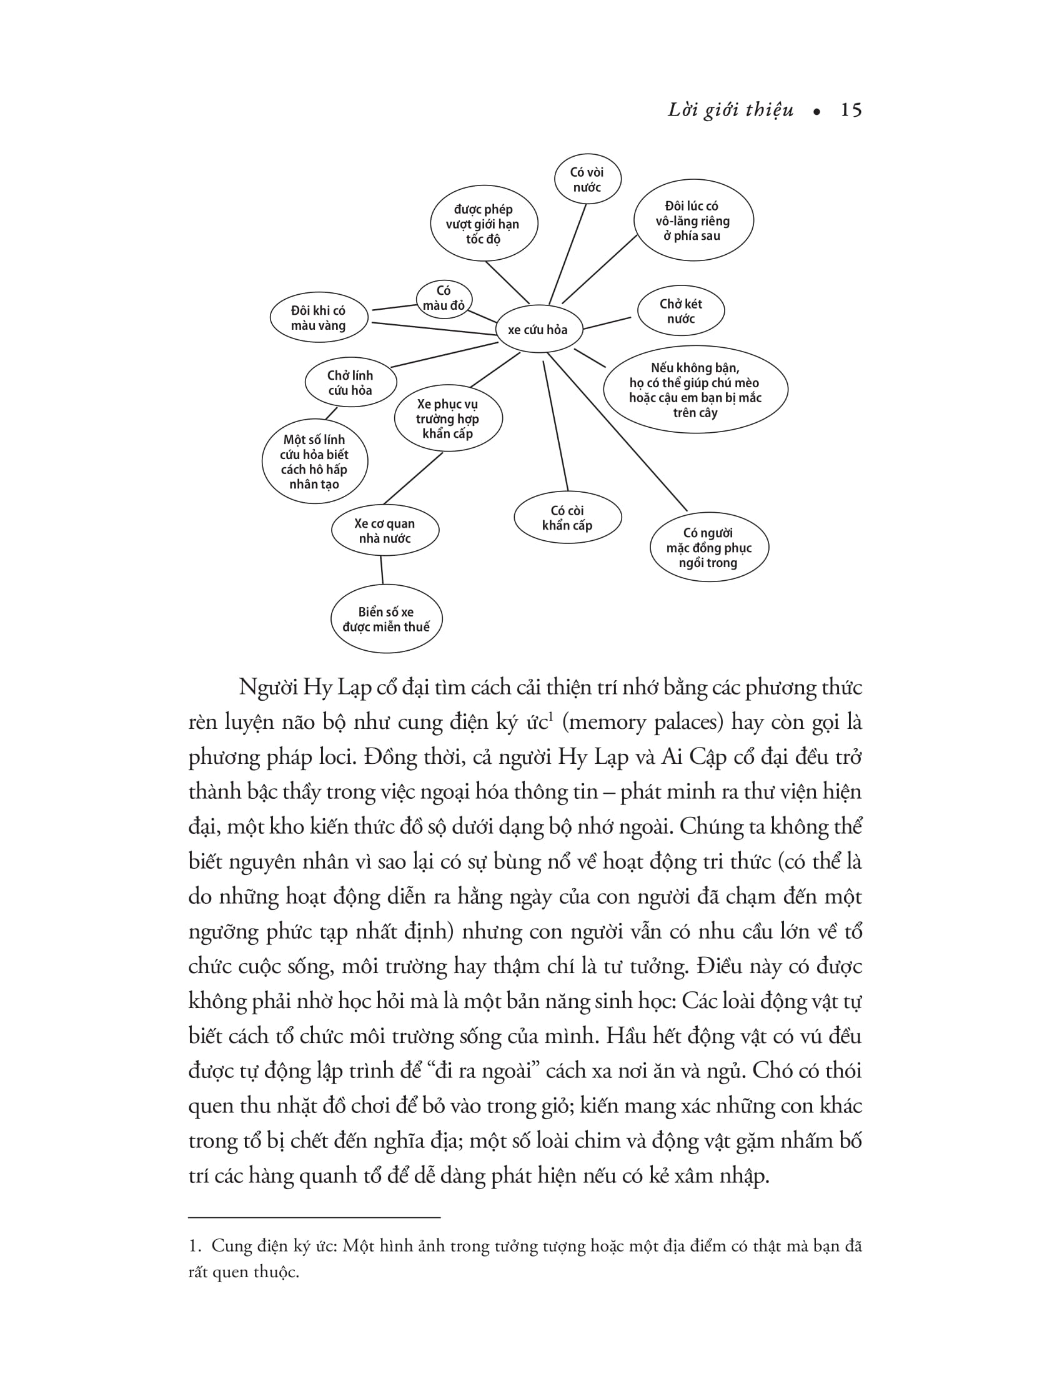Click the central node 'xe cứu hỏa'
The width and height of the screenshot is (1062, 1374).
click(538, 330)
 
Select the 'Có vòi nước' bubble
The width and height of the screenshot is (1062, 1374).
click(587, 179)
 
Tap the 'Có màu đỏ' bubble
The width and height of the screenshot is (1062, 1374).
click(444, 298)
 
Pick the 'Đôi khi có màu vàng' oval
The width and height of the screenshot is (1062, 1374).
click(319, 318)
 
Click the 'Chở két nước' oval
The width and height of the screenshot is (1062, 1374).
click(680, 311)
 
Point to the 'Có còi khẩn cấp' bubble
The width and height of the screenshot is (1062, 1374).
click(567, 518)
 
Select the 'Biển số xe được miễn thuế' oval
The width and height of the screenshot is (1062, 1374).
click(386, 620)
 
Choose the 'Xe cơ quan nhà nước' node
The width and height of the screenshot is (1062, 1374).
click(385, 531)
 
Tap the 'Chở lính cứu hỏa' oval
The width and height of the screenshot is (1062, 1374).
click(350, 382)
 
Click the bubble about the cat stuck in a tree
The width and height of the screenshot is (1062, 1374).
click(695, 390)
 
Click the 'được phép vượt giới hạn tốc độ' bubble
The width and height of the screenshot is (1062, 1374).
click(483, 224)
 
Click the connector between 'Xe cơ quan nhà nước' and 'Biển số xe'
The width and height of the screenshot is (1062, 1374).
click(382, 570)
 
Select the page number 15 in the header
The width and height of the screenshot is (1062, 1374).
click(851, 111)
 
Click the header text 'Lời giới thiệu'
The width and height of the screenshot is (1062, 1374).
click(730, 111)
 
